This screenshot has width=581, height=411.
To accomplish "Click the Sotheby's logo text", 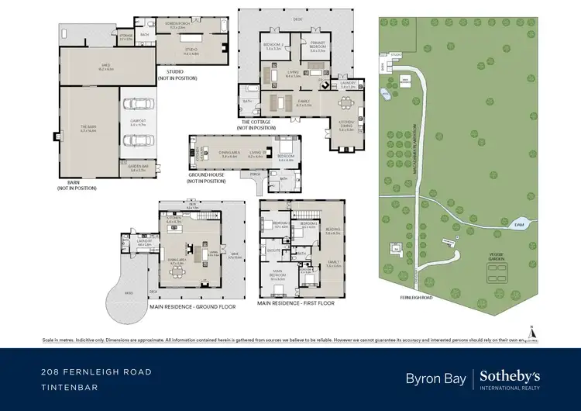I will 510,375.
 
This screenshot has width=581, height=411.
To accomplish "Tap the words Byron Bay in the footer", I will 435,378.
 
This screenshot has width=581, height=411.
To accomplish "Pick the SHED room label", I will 106,67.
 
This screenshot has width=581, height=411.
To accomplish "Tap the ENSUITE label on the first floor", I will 273,250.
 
